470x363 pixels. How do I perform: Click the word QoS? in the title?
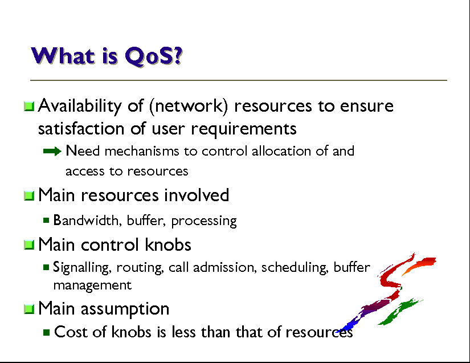click(x=153, y=56)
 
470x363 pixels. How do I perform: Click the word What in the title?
click(x=63, y=56)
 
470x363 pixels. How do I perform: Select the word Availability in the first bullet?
click(x=80, y=106)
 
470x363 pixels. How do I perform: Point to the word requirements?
click(x=243, y=129)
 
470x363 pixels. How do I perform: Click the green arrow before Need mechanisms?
click(x=52, y=152)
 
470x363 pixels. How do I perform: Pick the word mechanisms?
click(x=141, y=151)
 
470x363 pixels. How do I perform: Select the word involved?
click(x=197, y=195)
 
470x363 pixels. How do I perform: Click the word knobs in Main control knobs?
click(x=168, y=244)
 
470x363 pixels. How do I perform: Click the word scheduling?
click(x=295, y=267)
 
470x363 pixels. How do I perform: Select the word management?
click(x=92, y=285)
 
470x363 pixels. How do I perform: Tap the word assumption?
click(x=125, y=309)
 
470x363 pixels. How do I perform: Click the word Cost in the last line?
click(x=71, y=332)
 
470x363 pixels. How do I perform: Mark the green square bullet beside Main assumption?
click(x=29, y=309)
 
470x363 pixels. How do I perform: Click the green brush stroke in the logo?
click(x=399, y=312)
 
